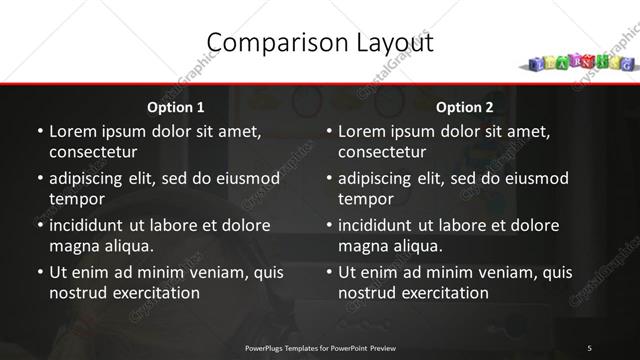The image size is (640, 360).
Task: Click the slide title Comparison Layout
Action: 320,43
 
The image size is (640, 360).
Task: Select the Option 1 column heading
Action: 176,107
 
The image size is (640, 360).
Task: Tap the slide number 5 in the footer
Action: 590,347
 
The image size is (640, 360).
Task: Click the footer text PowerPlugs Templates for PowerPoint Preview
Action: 320,347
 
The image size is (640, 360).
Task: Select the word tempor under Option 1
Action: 75,199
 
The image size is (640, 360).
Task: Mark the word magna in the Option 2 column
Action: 362,245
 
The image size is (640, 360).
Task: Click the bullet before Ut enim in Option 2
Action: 330,271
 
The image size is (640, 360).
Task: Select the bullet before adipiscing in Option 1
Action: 40,178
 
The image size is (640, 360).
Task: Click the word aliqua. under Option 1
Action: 126,245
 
